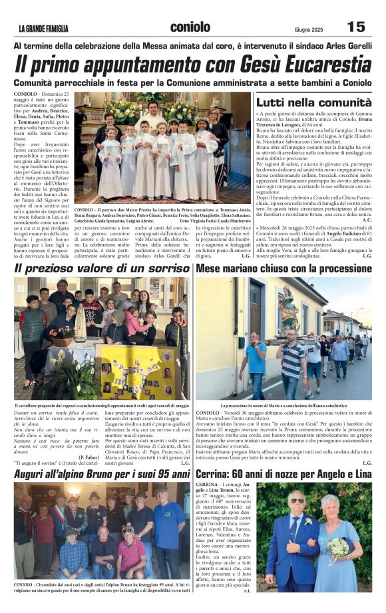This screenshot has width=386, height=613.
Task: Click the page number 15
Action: (x=356, y=27)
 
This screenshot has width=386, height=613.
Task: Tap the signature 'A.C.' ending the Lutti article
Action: (x=367, y=220)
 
